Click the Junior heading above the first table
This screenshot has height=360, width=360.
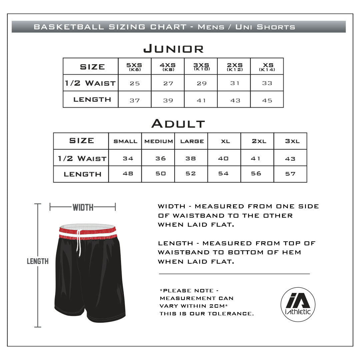pyautogui.click(x=173, y=49)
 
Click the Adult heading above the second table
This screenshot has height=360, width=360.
pyautogui.click(x=178, y=124)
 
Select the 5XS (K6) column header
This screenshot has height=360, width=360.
pyautogui.click(x=135, y=67)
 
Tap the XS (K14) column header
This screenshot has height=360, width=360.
pyautogui.click(x=267, y=67)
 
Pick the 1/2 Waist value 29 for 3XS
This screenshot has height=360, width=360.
pyautogui.click(x=201, y=83)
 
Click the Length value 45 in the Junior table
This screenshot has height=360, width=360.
pyautogui.click(x=267, y=100)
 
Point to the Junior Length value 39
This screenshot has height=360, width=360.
pyautogui.click(x=168, y=100)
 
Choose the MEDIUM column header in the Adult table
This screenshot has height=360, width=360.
pyautogui.click(x=158, y=141)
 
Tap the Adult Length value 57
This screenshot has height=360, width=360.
pyautogui.click(x=290, y=174)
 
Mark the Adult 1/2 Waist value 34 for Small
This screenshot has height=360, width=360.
pyautogui.click(x=128, y=158)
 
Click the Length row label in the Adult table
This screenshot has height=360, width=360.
pyautogui.click(x=82, y=174)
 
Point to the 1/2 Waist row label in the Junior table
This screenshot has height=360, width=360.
pyautogui.click(x=90, y=83)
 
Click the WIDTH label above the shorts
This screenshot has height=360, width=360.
pyautogui.click(x=83, y=208)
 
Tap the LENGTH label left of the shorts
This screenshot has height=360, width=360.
pyautogui.click(x=38, y=261)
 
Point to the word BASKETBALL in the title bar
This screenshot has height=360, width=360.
pyautogui.click(x=69, y=27)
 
